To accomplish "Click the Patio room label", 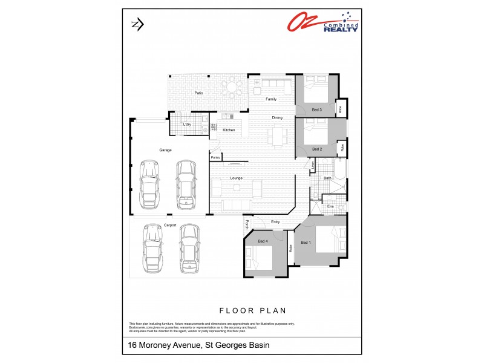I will [198, 93].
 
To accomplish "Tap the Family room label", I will [271, 99].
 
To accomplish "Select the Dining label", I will [277, 117].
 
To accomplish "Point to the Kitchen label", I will [229, 130].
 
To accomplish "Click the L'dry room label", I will [187, 125].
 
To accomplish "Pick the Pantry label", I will [215, 157].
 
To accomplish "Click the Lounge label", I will [236, 178].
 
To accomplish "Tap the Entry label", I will [275, 221].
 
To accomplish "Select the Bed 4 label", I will [263, 241].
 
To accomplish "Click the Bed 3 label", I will [316, 110].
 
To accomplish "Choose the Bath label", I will [327, 178].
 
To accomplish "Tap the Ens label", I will [330, 207].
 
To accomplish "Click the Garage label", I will [165, 149].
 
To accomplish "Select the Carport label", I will [170, 224].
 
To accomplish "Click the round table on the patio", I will [232, 90].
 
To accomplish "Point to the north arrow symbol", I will [137, 24].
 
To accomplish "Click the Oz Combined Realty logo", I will [322, 24].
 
